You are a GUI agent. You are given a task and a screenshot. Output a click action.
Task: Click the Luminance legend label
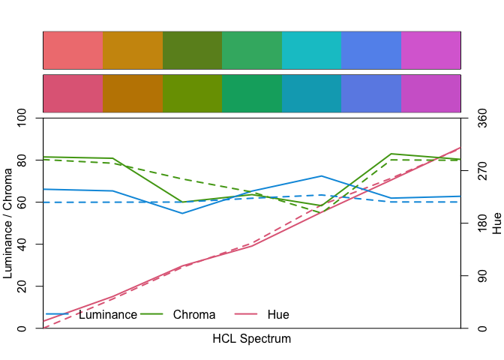click(x=108, y=315)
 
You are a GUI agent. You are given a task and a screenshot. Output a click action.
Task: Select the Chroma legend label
click(x=194, y=315)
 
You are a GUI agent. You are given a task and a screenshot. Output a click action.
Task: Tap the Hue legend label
click(x=278, y=315)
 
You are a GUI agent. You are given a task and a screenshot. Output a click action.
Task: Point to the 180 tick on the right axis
click(x=482, y=223)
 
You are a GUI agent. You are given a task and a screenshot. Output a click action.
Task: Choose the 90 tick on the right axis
click(x=482, y=276)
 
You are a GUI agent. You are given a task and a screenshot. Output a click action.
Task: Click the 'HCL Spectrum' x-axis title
click(x=252, y=339)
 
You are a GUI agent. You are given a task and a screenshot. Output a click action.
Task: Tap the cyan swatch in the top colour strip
click(x=311, y=50)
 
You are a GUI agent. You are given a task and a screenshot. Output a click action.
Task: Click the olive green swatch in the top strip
click(x=192, y=50)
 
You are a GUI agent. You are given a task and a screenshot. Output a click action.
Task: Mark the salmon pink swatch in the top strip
click(x=73, y=50)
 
